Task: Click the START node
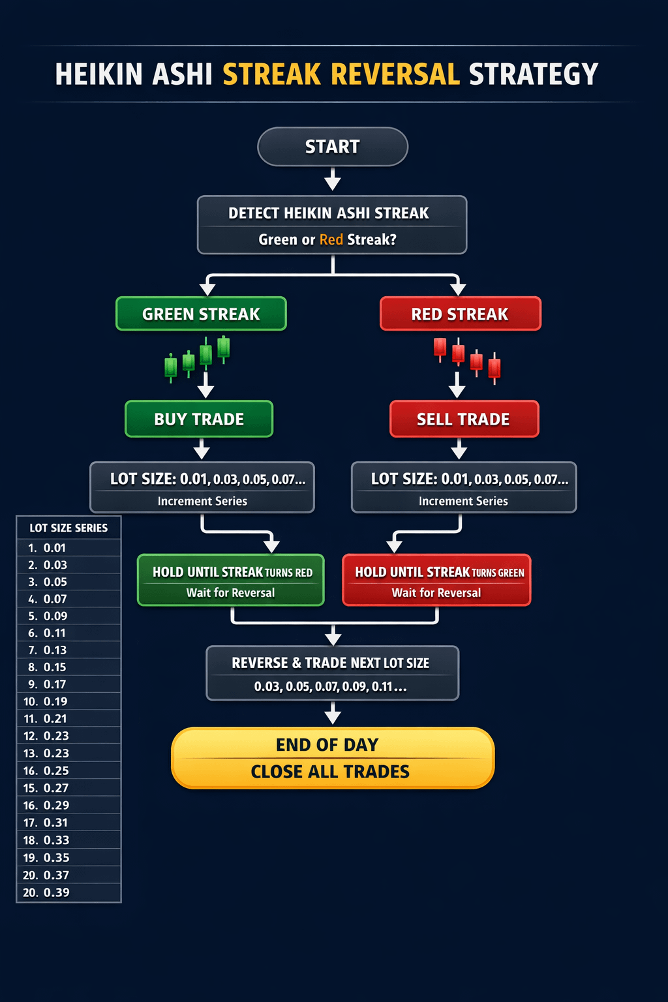click(x=333, y=147)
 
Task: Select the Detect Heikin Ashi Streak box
click(x=332, y=225)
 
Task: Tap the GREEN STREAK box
click(x=201, y=314)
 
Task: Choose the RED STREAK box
click(x=460, y=314)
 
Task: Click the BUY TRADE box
click(x=199, y=419)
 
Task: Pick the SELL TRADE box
click(x=464, y=419)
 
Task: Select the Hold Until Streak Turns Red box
click(x=231, y=581)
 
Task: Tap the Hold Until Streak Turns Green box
click(x=436, y=581)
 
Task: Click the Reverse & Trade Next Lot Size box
click(x=332, y=673)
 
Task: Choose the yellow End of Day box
click(x=332, y=758)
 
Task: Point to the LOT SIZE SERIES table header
click(x=68, y=528)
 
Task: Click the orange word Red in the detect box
click(x=331, y=239)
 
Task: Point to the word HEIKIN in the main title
click(x=99, y=74)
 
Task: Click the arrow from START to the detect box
click(x=333, y=179)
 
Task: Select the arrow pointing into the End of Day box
click(x=333, y=713)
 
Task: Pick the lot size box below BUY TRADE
click(x=202, y=487)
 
